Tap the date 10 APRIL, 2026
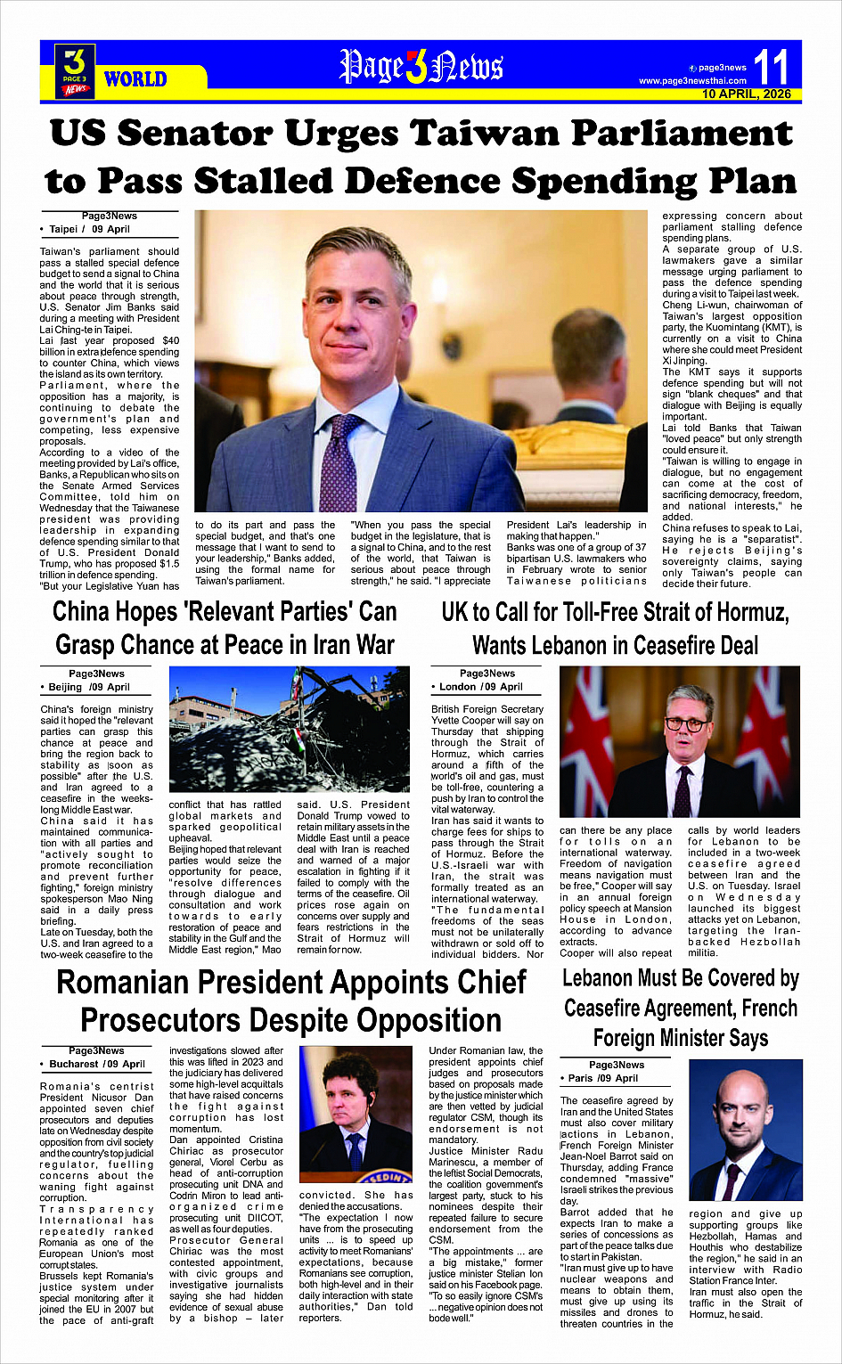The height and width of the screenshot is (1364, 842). click(x=746, y=94)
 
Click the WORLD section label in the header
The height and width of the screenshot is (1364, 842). click(x=135, y=79)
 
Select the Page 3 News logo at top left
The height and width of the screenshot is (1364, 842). click(x=75, y=70)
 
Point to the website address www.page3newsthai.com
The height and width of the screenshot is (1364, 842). click(x=692, y=81)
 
